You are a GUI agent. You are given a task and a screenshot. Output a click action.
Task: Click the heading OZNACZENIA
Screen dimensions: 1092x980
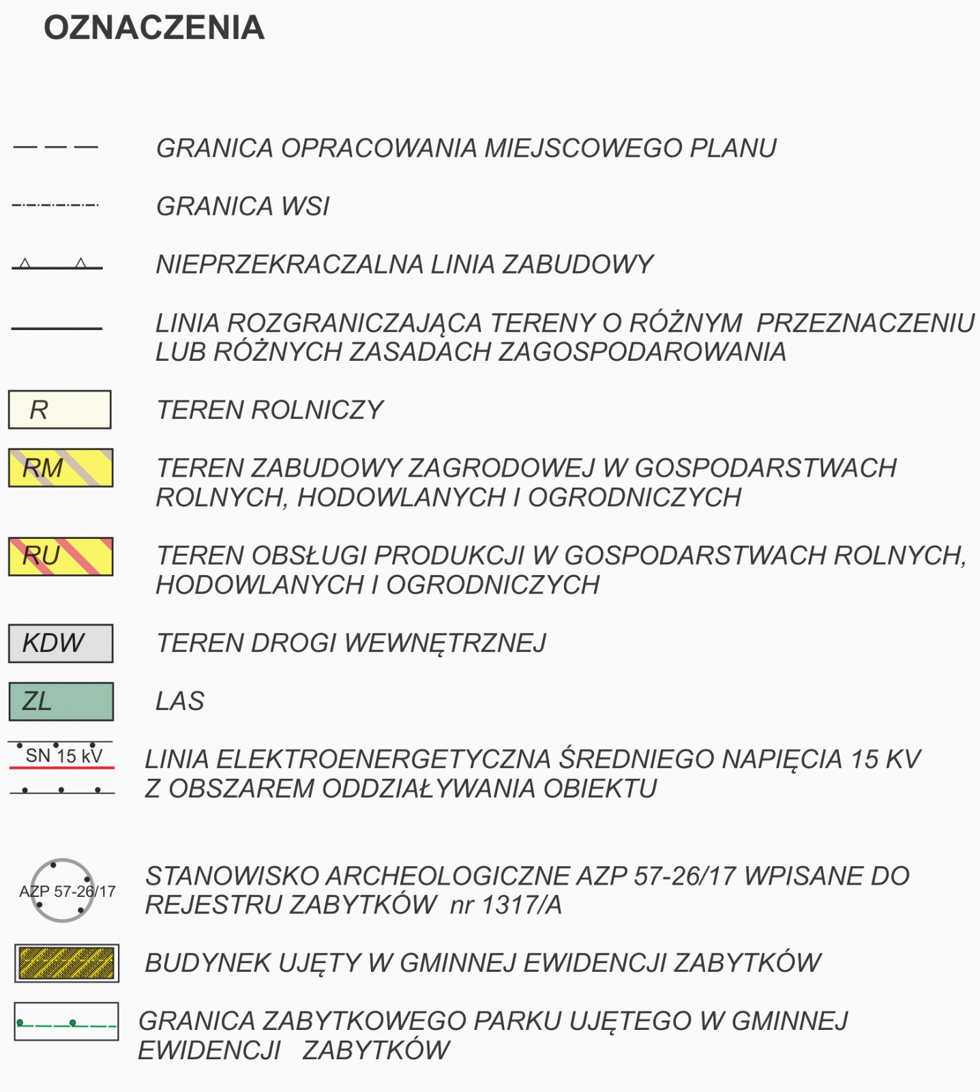(154, 28)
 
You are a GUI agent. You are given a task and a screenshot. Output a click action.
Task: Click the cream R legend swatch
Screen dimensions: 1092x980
(60, 410)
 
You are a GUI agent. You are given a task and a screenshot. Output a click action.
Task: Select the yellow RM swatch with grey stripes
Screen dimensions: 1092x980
(61, 468)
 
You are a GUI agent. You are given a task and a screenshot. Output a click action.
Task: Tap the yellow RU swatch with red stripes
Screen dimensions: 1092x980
(61, 557)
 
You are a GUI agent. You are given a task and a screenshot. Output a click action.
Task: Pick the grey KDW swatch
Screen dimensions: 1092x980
(61, 643)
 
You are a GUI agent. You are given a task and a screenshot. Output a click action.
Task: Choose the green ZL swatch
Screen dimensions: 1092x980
(61, 701)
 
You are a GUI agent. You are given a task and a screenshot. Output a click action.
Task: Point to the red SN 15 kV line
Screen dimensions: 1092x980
(61, 768)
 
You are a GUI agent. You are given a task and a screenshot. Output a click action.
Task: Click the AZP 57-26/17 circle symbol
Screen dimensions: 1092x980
(63, 890)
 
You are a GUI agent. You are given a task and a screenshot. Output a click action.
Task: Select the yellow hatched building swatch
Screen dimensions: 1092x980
(67, 963)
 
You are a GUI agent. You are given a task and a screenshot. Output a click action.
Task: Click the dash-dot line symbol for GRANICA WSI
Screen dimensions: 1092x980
(55, 205)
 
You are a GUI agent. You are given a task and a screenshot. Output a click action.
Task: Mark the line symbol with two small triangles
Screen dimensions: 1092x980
(57, 265)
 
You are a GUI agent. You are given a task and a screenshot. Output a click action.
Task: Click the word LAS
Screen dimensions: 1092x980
(180, 701)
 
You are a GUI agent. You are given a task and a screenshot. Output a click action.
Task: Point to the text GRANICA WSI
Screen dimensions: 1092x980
(243, 206)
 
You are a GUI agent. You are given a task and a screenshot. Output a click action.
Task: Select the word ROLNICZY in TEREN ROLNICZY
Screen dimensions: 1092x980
(318, 410)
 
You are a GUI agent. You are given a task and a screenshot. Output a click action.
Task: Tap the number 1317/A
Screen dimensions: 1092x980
(522, 905)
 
